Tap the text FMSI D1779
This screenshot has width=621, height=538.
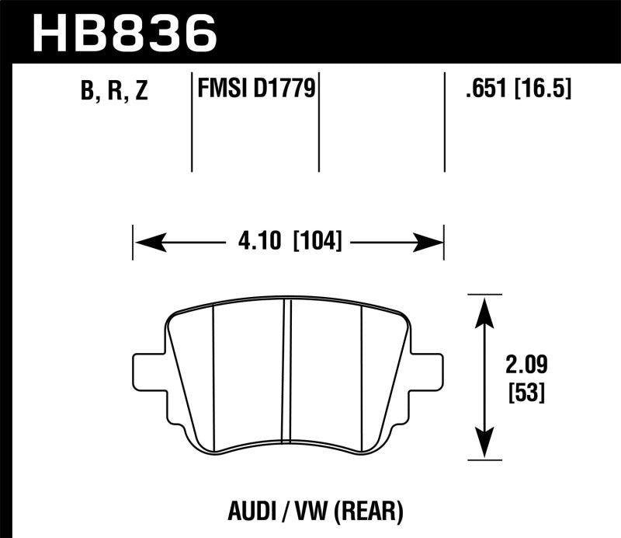pyautogui.click(x=255, y=91)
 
